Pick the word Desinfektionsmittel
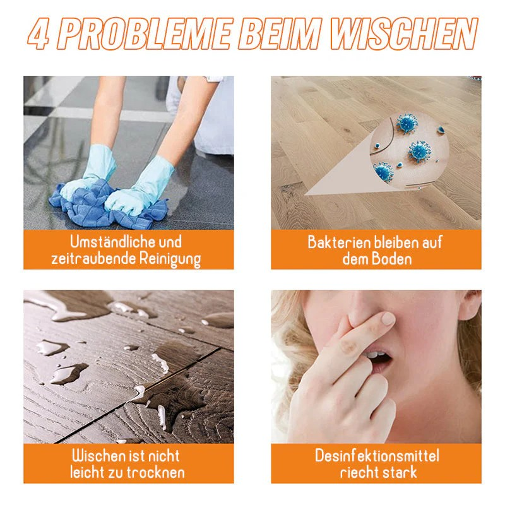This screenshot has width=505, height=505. pyautogui.click(x=377, y=456)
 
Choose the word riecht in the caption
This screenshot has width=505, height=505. pyautogui.click(x=360, y=472)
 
